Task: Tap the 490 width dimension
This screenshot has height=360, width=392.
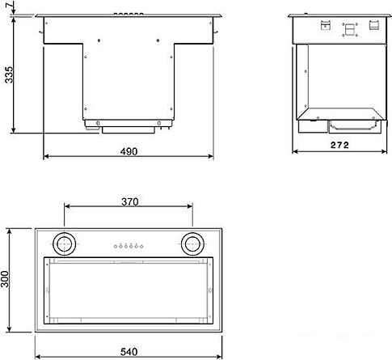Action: (x=129, y=151)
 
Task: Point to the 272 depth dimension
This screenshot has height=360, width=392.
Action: (x=339, y=146)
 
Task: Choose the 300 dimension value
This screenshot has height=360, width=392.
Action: (x=7, y=281)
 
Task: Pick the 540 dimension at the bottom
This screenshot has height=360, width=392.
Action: (x=127, y=352)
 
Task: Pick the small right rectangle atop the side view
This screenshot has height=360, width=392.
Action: (x=374, y=24)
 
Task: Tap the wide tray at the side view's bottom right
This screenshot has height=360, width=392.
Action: (x=353, y=124)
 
